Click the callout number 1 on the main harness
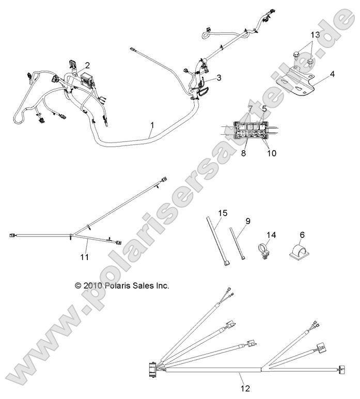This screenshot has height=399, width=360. coord(152,125)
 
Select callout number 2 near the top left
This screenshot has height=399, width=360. coord(87,65)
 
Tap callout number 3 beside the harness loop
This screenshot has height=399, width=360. coord(219,78)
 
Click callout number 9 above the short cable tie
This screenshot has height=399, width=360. coord(248,221)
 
